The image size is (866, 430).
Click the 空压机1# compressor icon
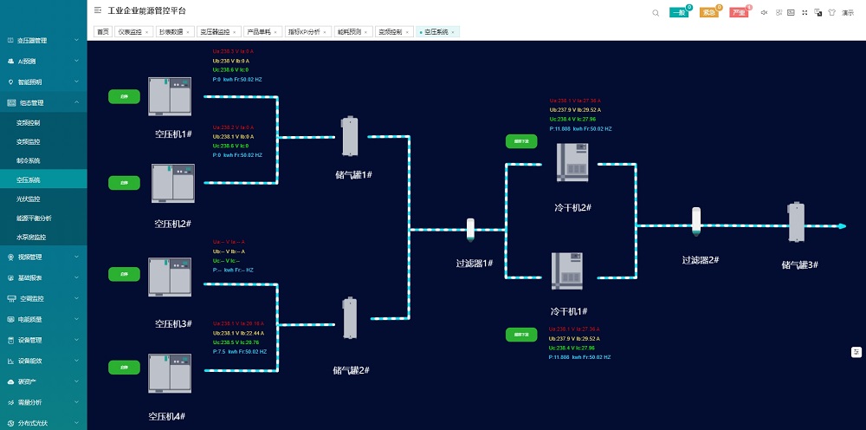169,97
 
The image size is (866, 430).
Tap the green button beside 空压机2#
124,182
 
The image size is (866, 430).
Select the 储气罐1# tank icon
350,137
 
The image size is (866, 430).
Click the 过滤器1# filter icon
470,230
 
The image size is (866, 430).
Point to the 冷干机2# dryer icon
572,162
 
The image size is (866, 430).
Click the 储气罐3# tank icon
796,223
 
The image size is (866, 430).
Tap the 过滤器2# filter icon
695,221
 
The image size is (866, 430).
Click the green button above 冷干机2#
521,140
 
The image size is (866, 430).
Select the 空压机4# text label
166,416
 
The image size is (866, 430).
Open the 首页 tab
103,31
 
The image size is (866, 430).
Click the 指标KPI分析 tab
303,31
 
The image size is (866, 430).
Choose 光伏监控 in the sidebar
29,199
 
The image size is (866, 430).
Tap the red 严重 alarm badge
738,12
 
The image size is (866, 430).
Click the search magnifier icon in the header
655,12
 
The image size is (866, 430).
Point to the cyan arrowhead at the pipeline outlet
841,226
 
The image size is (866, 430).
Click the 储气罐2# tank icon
350,319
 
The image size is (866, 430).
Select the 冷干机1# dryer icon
567,271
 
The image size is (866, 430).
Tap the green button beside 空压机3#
124,273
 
